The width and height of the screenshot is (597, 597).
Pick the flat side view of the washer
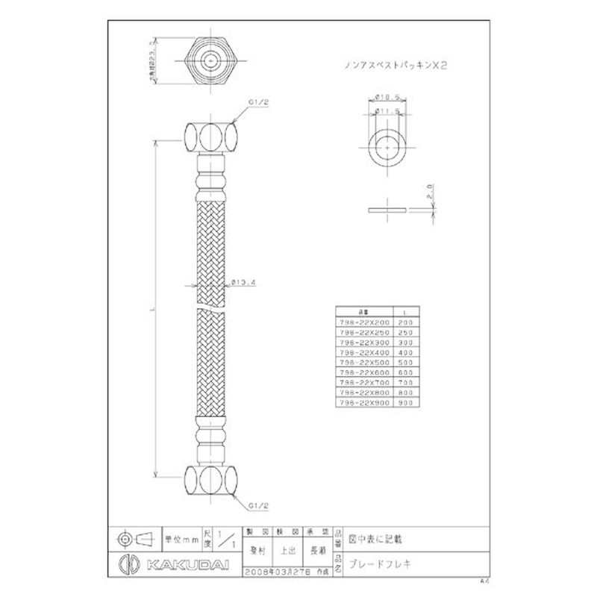(x=389, y=209)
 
